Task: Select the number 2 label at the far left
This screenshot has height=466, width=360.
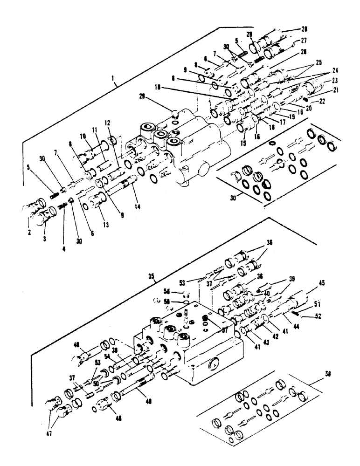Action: [28, 231]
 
